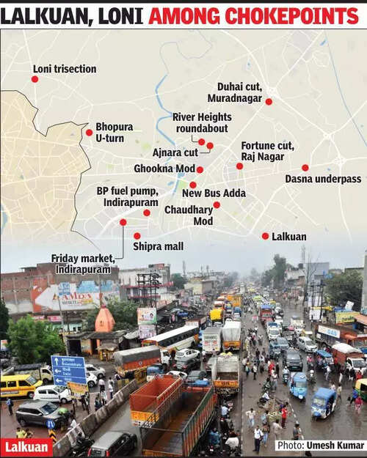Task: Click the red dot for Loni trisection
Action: [34, 78]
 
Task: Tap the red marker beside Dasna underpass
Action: [305, 168]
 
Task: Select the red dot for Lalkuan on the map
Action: [265, 236]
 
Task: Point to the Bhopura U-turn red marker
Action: [89, 133]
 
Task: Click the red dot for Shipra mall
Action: [137, 236]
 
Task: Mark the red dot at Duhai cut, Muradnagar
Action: [269, 101]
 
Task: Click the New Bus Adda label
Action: [214, 193]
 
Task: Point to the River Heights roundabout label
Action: [202, 122]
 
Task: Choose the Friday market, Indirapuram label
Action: [84, 264]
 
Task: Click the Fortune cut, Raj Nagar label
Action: [267, 151]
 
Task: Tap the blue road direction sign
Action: [68, 369]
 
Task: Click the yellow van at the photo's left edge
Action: [19, 385]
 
